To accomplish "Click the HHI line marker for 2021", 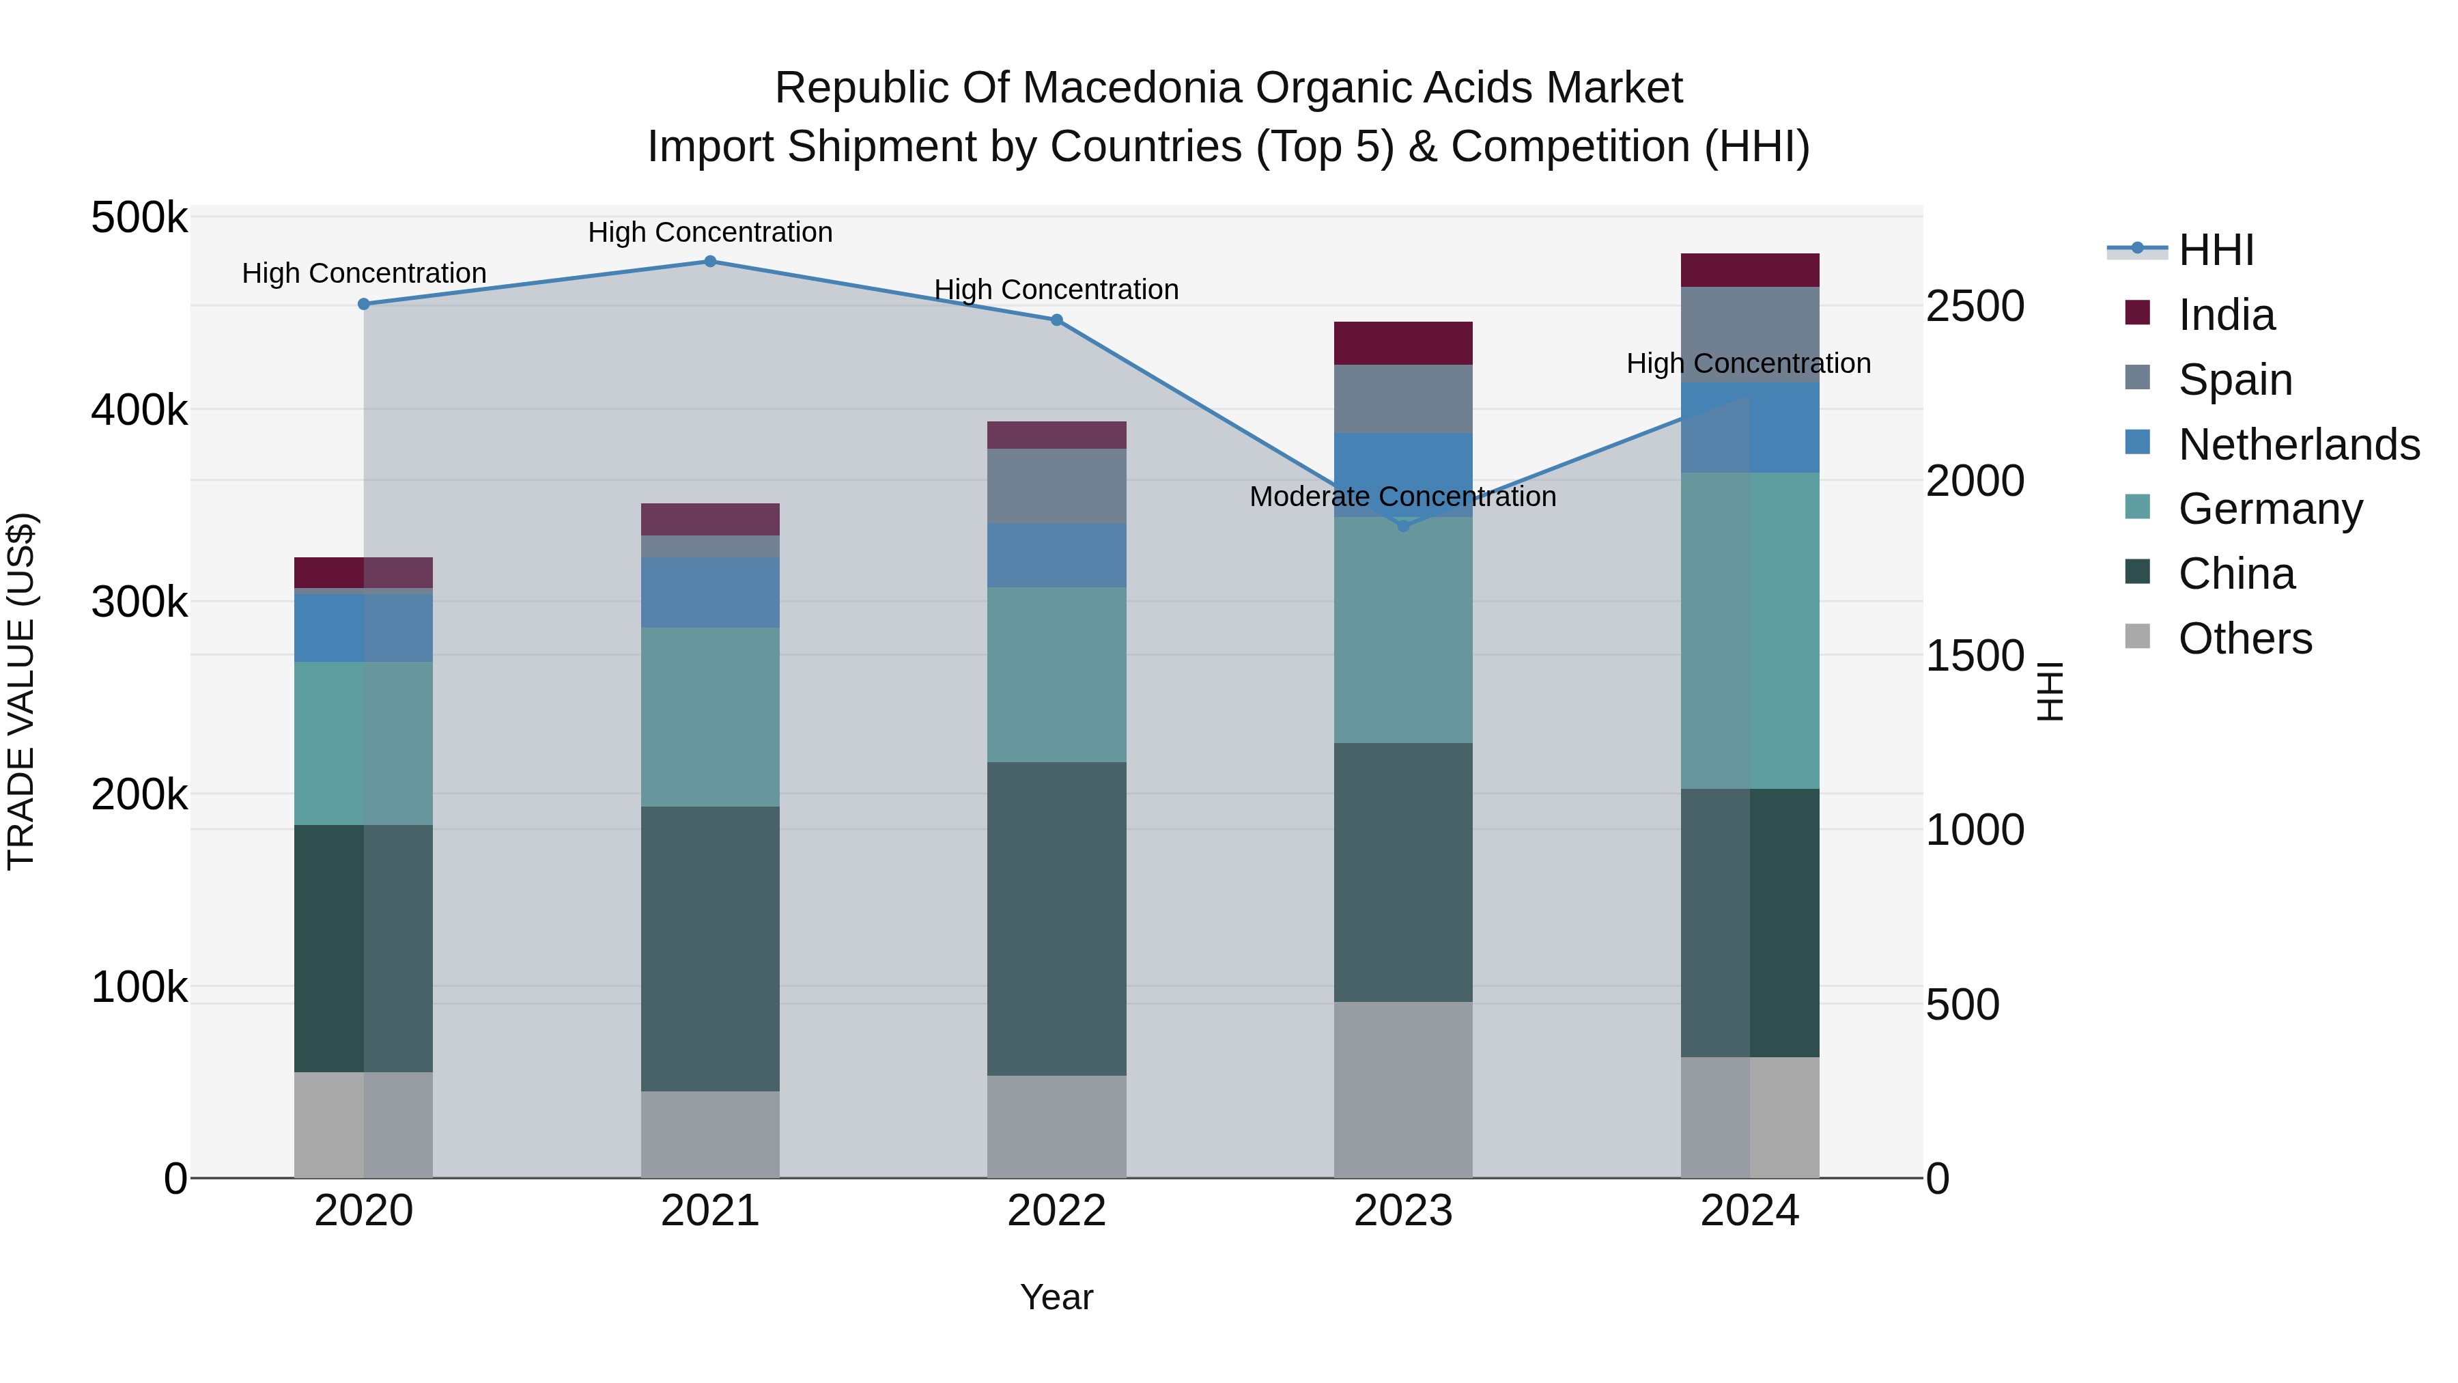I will [x=710, y=262].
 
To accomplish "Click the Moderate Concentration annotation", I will [x=1402, y=497].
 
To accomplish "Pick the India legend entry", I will [x=2226, y=315].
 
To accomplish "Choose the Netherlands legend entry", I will [x=2299, y=445].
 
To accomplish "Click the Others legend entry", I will [x=2244, y=639].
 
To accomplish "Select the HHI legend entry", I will [x=2216, y=250].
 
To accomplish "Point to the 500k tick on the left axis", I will [x=139, y=218].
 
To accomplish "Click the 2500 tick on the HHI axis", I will [x=1974, y=307].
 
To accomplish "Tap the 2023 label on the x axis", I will [x=1402, y=1211].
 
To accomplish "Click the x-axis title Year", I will [x=1056, y=1297].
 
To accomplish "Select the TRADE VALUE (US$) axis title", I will [x=21, y=691].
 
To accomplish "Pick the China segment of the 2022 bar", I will [x=1056, y=918].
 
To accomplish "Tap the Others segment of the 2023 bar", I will [x=1402, y=1089].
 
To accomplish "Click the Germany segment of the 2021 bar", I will [x=710, y=717].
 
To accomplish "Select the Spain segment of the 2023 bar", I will [x=1402, y=399].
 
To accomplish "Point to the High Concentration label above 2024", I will [x=1748, y=363].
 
